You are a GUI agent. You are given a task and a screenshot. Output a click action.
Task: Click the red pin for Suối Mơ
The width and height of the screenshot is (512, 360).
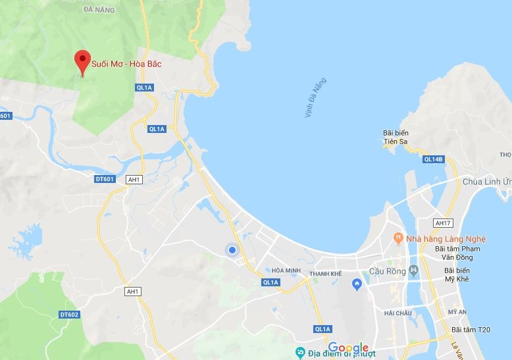coord(82,62)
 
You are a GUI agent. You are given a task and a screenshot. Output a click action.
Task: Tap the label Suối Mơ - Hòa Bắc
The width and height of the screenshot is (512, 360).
coord(126,64)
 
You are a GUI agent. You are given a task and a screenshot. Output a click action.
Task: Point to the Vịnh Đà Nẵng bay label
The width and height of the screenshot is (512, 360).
coord(315,98)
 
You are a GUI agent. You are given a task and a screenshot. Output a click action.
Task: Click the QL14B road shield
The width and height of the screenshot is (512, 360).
coord(434,159)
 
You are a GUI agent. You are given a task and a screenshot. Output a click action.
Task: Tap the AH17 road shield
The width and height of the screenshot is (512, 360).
coord(443,223)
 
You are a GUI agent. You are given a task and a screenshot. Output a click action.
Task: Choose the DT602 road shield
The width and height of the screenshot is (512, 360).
coord(69,315)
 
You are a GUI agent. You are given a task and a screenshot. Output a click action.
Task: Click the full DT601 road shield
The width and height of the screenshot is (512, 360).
coord(105,179)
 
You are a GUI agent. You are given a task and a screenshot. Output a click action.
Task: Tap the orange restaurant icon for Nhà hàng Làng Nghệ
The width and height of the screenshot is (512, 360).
coord(398,236)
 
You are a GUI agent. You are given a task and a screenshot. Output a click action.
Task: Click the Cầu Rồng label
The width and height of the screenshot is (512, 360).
coord(387,271)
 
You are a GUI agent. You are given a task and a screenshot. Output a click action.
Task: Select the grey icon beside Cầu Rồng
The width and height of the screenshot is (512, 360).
coord(413,270)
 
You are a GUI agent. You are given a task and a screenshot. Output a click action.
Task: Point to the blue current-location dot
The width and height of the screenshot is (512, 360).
coord(232,249)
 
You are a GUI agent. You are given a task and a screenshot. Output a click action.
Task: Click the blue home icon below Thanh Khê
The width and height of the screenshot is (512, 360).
coord(357,284)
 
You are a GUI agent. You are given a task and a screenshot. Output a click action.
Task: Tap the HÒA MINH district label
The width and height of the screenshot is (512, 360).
coord(286,270)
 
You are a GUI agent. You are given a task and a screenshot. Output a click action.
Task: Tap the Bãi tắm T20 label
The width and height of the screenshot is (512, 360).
coord(471,329)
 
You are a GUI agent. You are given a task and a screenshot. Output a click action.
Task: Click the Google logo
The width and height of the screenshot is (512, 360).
coord(348,347)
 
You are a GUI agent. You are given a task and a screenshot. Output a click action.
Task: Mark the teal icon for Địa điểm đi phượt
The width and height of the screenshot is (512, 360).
coord(300,351)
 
